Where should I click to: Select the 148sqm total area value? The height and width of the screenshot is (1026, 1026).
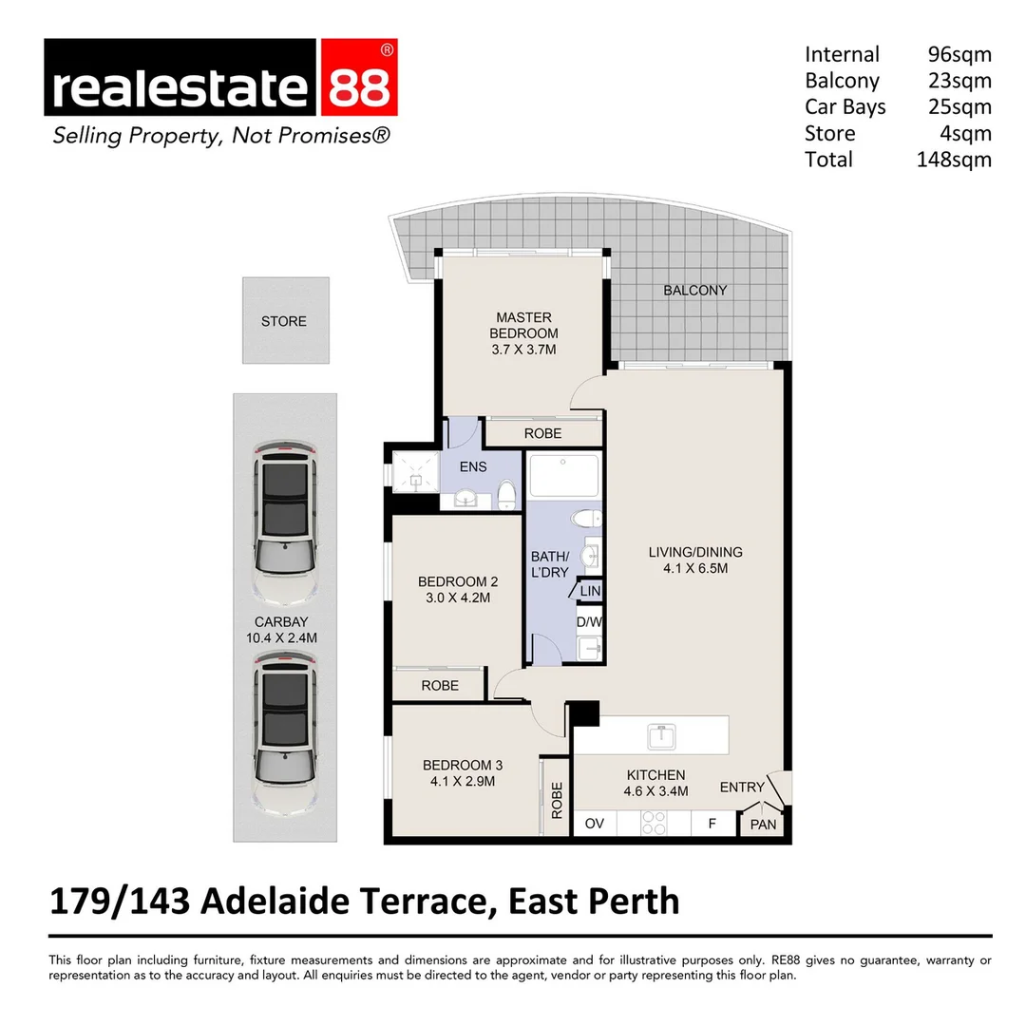click(x=953, y=160)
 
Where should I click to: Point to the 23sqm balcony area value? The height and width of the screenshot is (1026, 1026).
click(x=959, y=81)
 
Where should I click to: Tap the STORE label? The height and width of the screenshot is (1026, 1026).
click(x=284, y=321)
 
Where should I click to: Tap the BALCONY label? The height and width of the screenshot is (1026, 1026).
click(x=694, y=290)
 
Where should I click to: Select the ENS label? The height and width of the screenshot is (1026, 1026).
click(x=473, y=465)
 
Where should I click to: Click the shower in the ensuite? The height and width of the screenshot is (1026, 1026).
click(x=414, y=468)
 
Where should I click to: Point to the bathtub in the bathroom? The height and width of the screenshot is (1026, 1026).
click(x=563, y=475)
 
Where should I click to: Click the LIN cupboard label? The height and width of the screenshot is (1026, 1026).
click(x=590, y=591)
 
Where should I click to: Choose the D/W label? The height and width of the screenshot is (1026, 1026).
click(x=589, y=623)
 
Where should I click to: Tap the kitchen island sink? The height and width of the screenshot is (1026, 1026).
click(x=659, y=735)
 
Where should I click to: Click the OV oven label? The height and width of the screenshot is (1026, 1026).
click(x=595, y=824)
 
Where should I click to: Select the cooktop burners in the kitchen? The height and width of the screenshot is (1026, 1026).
click(x=654, y=823)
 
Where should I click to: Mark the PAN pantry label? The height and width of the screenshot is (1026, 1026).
click(x=763, y=825)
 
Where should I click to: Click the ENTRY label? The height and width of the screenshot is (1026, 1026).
click(x=741, y=787)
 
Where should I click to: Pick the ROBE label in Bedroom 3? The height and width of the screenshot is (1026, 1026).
click(x=557, y=800)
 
